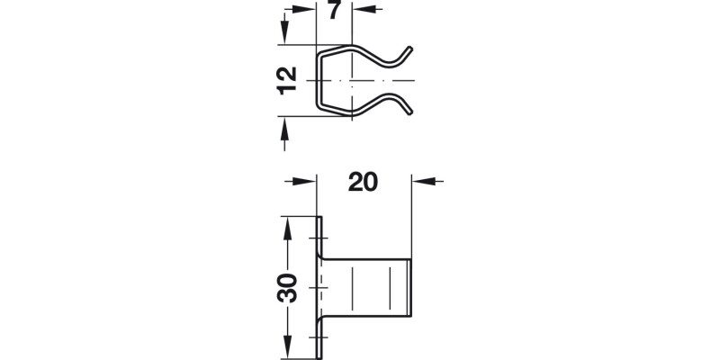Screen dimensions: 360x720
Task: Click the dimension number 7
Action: (x=334, y=13)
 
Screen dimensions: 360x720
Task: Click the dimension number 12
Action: (x=286, y=80)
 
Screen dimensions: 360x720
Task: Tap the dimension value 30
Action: (x=286, y=287)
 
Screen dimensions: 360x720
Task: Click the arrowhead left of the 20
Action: (x=310, y=181)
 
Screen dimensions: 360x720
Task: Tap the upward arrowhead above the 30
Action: (x=286, y=226)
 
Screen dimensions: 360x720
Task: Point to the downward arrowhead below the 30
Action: (x=286, y=346)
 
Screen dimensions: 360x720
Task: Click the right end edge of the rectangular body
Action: (x=412, y=286)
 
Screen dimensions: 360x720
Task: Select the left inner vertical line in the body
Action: (x=353, y=286)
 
